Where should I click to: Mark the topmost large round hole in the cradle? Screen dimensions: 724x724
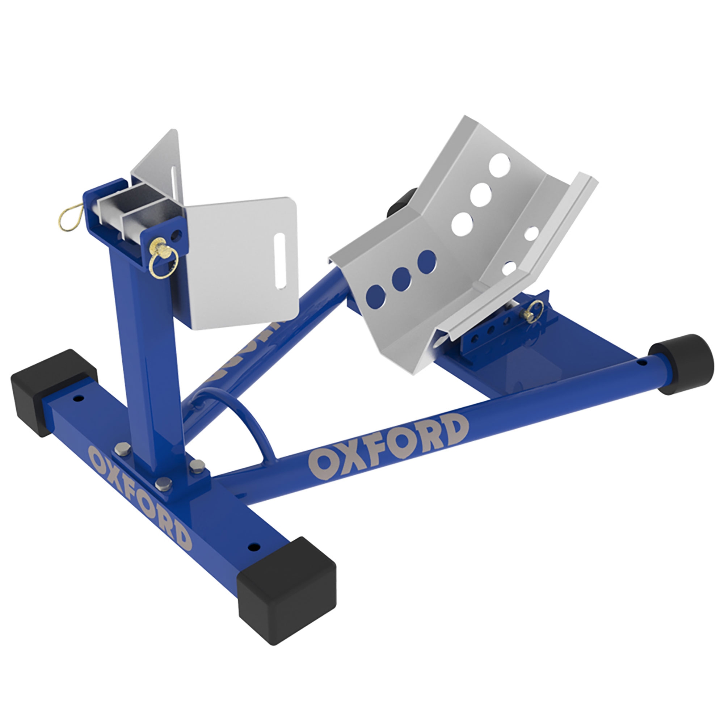pos(500,164)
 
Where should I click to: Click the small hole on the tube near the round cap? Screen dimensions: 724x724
pos(641,363)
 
